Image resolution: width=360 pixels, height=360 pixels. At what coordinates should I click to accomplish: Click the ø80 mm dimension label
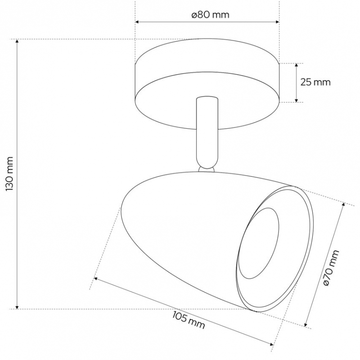[x=211, y=15]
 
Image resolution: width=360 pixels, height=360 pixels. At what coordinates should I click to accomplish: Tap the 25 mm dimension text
[x=315, y=82]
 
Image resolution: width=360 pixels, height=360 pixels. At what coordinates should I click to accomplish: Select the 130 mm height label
[x=10, y=174]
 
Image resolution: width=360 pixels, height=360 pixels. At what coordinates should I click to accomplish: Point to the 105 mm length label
[x=189, y=320]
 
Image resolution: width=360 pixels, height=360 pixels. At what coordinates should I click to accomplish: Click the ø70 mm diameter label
[x=331, y=268]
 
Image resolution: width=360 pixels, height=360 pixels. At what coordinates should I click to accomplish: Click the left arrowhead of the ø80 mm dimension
[x=137, y=22]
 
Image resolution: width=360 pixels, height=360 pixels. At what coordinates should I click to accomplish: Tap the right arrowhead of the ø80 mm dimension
[x=277, y=22]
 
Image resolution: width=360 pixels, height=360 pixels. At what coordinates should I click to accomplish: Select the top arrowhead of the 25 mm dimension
[x=297, y=65]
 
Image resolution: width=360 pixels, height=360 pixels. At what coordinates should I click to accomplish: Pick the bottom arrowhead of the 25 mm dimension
[x=297, y=100]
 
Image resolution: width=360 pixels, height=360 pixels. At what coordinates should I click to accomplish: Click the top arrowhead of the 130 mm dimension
[x=17, y=41]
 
